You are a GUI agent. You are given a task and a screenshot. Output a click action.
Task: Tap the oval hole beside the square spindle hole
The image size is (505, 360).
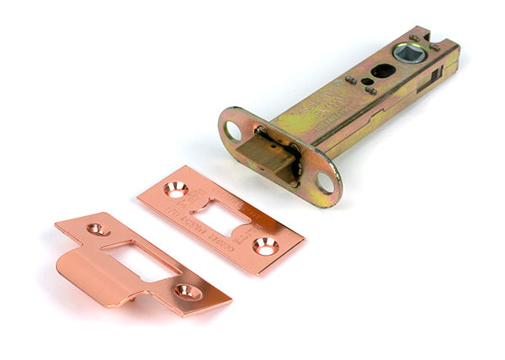point(383,71)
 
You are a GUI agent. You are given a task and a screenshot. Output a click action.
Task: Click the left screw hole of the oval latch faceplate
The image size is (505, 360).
point(233,130)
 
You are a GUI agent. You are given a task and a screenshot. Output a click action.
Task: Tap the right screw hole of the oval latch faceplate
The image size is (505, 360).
point(325,182)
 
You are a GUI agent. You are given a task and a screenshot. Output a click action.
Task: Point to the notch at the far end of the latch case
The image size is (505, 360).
point(422,37)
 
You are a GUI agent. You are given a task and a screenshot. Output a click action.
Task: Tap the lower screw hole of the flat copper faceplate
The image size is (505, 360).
point(265,246)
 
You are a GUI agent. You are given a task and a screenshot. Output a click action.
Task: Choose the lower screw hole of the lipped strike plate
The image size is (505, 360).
point(186,292)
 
